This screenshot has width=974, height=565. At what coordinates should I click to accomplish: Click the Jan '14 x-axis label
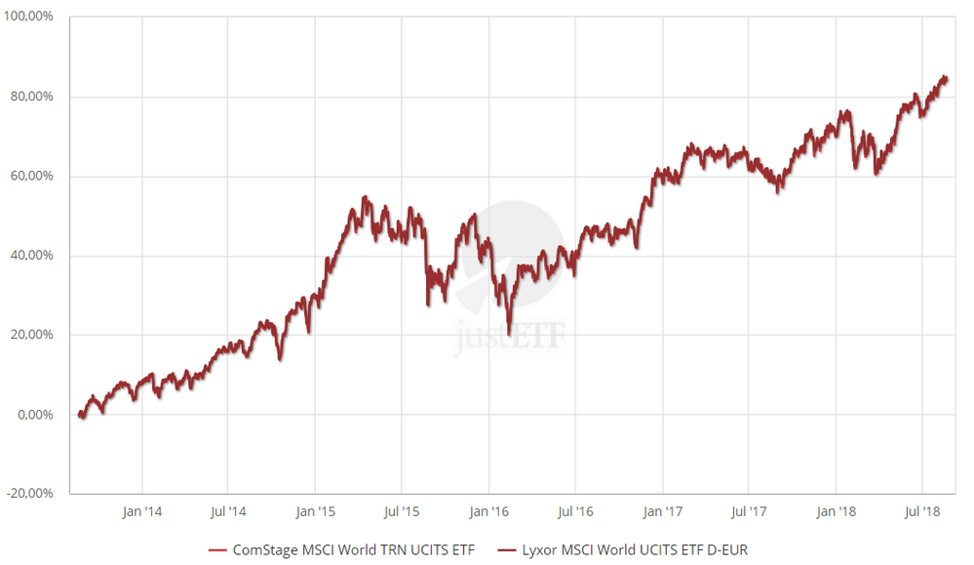click(x=142, y=510)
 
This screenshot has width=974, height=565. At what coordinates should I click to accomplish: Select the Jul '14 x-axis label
click(x=227, y=510)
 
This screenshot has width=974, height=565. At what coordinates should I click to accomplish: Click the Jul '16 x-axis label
click(x=574, y=510)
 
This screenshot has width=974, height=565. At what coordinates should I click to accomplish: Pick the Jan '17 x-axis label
click(x=662, y=510)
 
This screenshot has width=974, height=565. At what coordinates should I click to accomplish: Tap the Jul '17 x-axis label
click(x=748, y=510)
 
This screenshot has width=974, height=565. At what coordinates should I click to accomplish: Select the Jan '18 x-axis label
click(x=836, y=510)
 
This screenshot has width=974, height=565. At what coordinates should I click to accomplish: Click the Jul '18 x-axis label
click(x=921, y=510)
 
